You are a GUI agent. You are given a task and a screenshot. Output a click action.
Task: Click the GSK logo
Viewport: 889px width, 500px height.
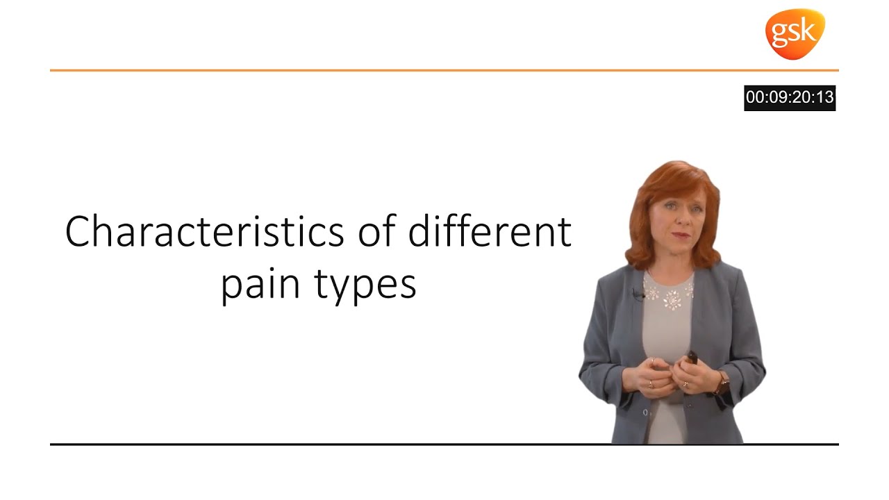coord(795,33)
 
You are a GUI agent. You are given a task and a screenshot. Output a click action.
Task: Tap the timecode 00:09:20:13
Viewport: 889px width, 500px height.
coord(789,98)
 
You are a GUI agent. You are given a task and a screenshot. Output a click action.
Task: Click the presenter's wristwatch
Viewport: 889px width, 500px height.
coord(723,380)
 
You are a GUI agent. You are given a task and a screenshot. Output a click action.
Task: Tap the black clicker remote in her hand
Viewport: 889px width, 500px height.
coord(692,358)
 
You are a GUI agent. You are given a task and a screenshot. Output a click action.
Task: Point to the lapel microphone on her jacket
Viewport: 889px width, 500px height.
coord(635,294)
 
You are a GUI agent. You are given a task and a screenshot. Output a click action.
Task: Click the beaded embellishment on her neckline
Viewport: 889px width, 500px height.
coord(670,292)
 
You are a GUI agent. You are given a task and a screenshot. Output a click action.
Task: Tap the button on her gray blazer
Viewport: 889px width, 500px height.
coord(645,412)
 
